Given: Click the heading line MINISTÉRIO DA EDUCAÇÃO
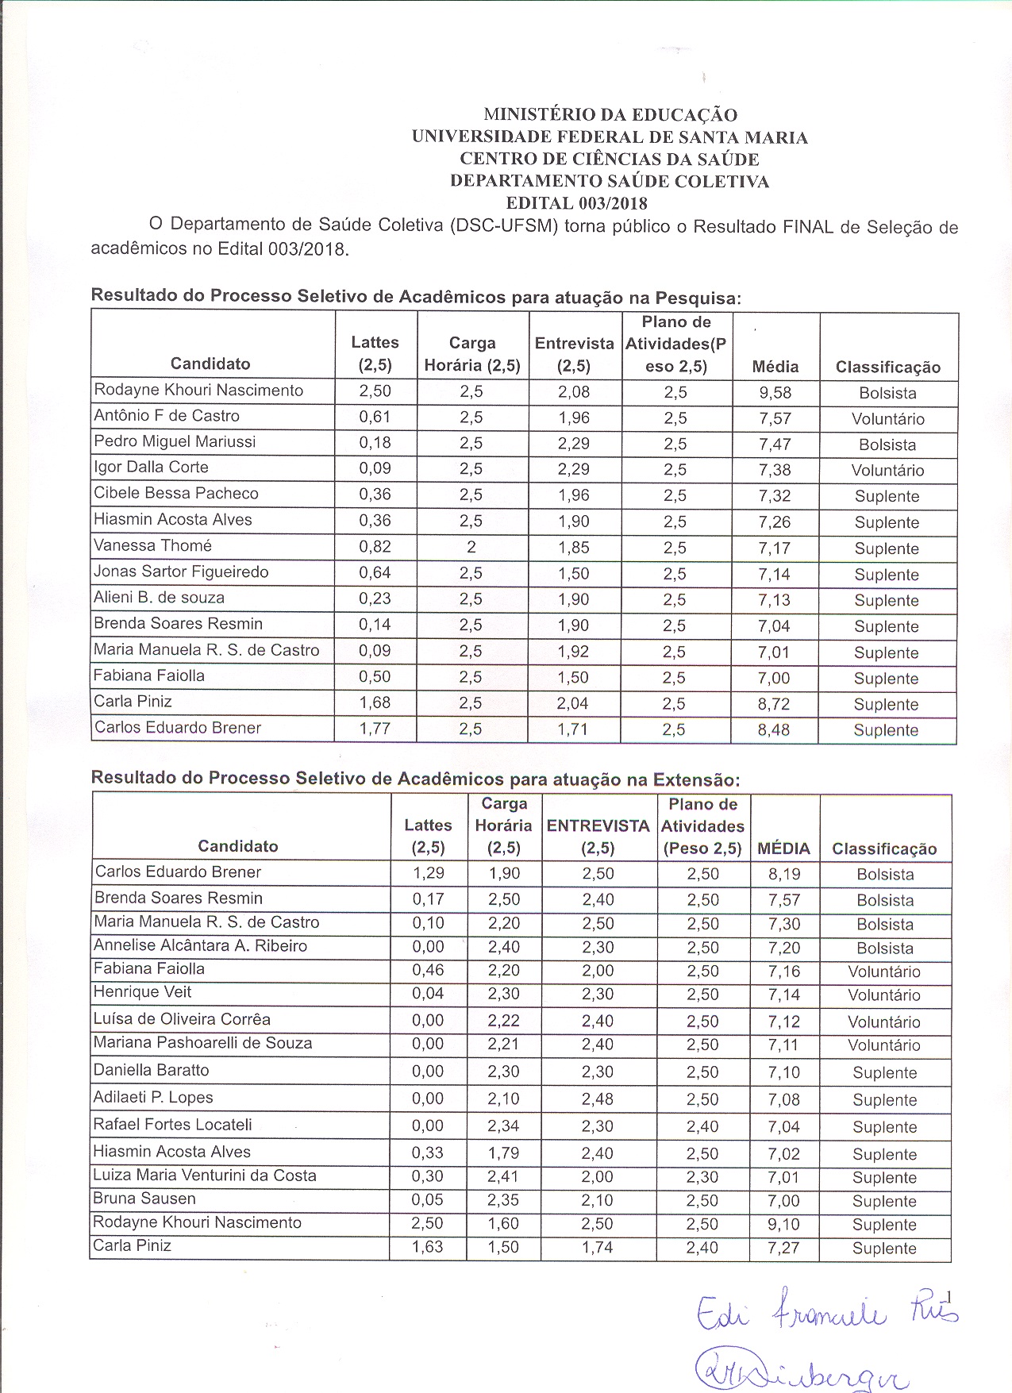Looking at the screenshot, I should click(x=610, y=115).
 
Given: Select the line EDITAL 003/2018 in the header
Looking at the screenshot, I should click(x=576, y=203).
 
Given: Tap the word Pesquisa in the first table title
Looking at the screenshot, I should click(x=696, y=298).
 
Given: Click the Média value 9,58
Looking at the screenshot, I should click(x=775, y=393).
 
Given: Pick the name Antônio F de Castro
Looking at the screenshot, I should click(x=167, y=416).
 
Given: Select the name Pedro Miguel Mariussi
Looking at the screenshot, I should click(x=175, y=442).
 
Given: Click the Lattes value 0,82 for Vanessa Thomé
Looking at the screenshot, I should click(x=375, y=547).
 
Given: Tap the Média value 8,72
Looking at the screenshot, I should click(x=774, y=704).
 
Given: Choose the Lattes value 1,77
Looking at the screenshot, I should click(x=375, y=729).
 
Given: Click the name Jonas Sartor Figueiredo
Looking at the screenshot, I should click(x=181, y=572).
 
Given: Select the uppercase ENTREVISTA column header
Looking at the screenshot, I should click(x=598, y=826).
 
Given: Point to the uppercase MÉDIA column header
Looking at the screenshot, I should click(x=783, y=848).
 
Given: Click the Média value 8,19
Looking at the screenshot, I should click(x=783, y=875).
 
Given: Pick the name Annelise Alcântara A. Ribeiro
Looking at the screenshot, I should click(x=200, y=946).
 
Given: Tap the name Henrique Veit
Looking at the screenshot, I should click(x=143, y=992).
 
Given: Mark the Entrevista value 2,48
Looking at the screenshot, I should click(x=597, y=1099).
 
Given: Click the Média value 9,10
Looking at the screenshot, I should click(x=783, y=1225).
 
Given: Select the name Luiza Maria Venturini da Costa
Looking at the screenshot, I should click(x=205, y=1176).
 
